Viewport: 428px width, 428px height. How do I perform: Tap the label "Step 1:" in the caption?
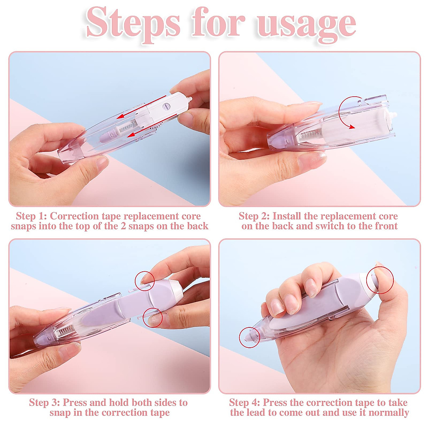(x=31, y=216)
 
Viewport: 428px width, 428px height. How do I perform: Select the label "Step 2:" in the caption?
(x=254, y=216)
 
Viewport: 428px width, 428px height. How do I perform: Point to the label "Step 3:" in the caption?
(x=45, y=403)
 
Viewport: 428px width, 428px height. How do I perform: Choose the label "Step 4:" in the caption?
(x=245, y=403)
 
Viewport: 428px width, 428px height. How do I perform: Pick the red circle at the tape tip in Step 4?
(x=249, y=337)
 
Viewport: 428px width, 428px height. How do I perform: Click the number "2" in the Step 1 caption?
(x=123, y=226)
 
